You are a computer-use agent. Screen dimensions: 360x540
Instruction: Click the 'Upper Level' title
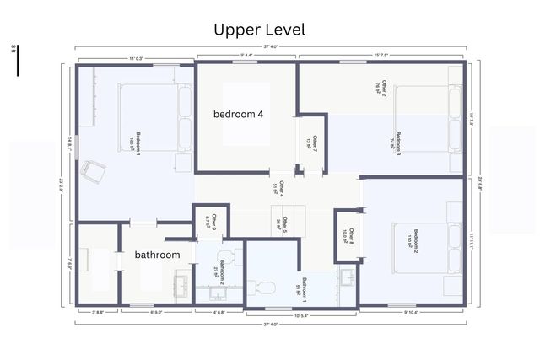click(x=259, y=30)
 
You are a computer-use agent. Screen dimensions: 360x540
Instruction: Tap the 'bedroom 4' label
click(x=244, y=114)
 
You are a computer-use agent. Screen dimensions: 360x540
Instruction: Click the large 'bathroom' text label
click(x=158, y=255)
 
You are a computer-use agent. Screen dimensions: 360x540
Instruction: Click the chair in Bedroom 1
click(x=93, y=172)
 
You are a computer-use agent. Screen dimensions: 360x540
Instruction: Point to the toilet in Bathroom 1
click(x=265, y=287)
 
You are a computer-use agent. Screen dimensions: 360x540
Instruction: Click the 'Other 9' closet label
click(x=211, y=222)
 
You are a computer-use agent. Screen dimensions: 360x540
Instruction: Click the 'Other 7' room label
click(x=313, y=142)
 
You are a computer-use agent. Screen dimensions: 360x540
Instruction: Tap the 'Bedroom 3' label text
click(x=397, y=141)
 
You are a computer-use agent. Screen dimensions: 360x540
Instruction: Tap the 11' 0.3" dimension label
click(x=135, y=57)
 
